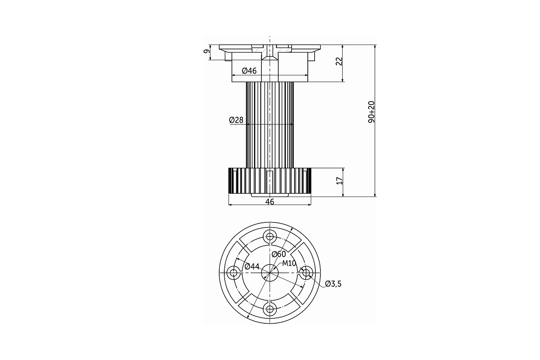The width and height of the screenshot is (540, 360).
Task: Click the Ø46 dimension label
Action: [249, 71]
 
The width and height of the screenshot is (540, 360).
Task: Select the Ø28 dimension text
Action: [236, 120]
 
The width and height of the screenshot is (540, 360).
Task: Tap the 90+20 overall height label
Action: [372, 112]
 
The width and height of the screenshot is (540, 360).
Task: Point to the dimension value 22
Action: [339, 61]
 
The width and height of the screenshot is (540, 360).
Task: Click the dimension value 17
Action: [339, 181]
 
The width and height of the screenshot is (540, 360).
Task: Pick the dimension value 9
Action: [207, 51]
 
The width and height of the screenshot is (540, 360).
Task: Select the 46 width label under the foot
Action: [270, 202]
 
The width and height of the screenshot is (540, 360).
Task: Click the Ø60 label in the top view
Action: [279, 254]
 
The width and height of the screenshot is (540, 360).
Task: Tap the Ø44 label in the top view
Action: [252, 266]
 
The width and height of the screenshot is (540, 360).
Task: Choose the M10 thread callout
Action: [289, 263]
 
